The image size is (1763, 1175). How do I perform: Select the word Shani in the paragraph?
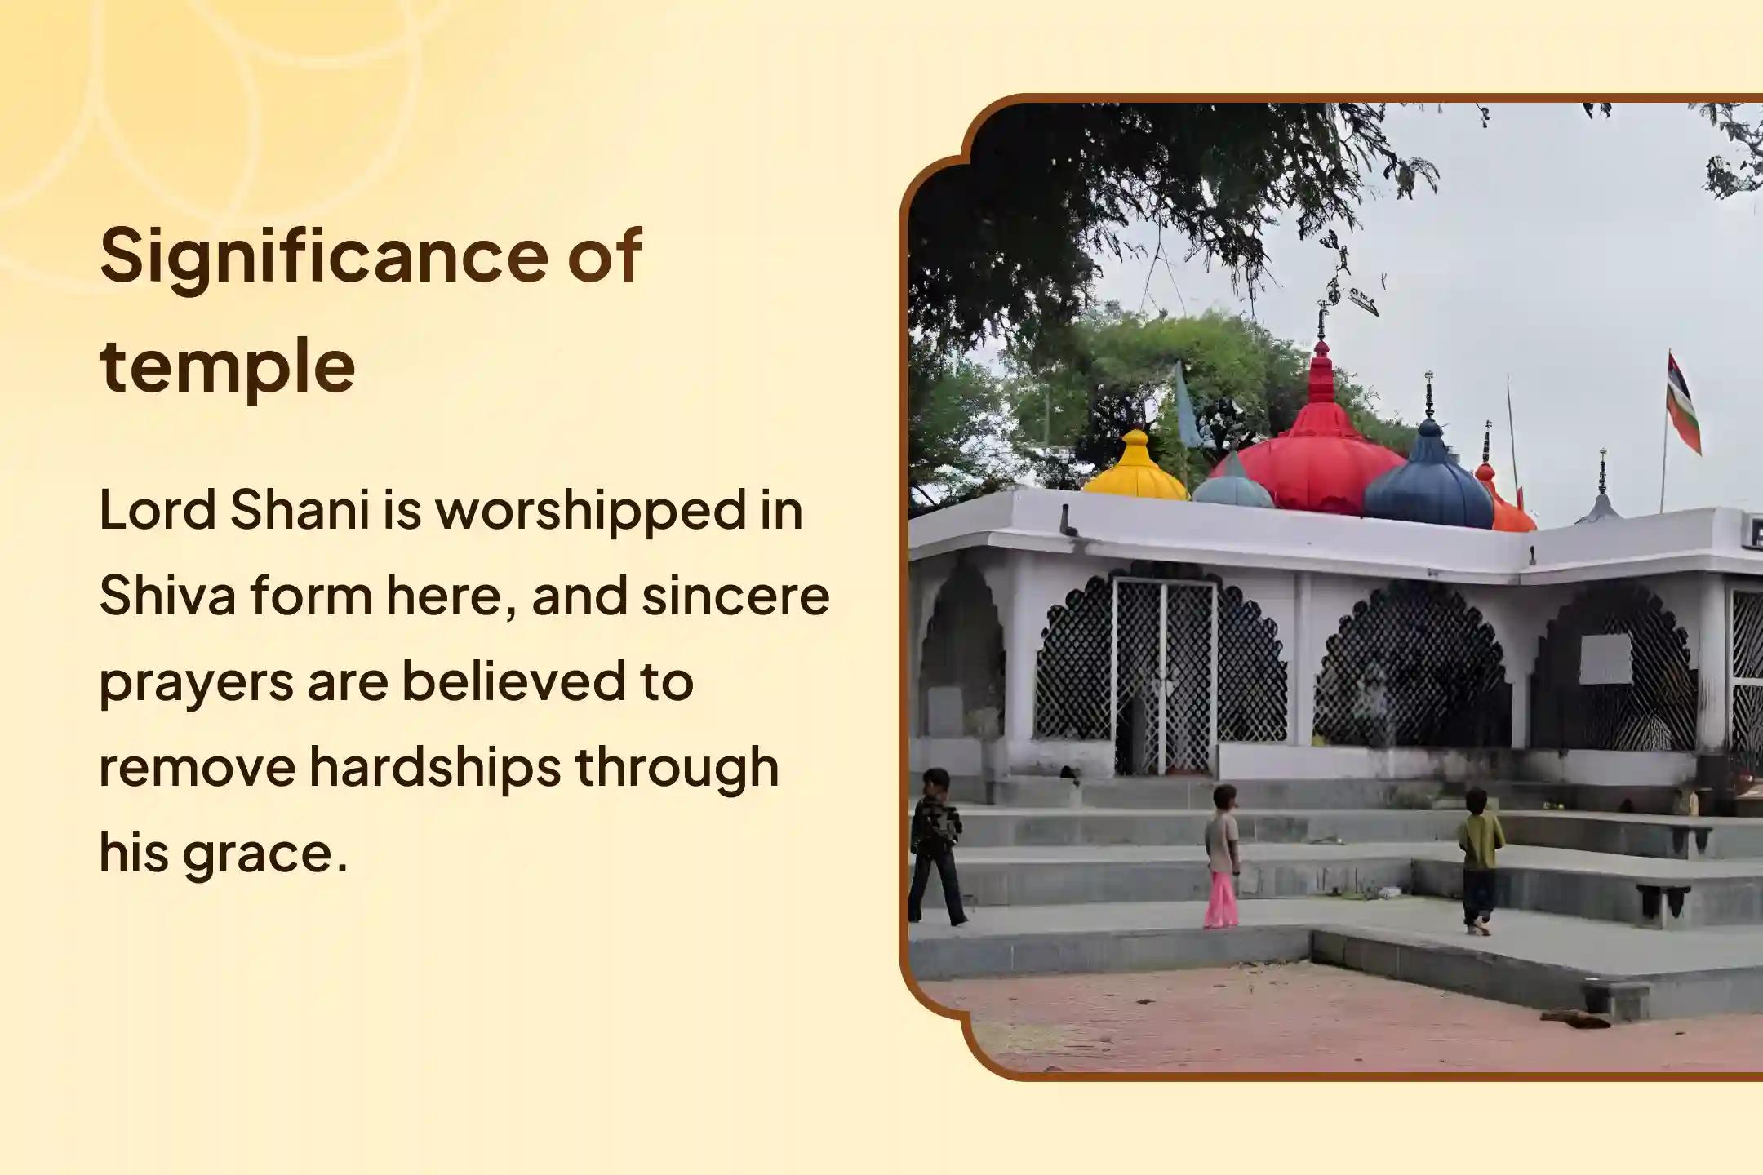point(300,510)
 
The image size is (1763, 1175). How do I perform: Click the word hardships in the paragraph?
point(435,769)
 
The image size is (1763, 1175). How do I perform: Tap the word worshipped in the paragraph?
point(591,512)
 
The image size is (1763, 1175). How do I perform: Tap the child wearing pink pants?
point(1222,857)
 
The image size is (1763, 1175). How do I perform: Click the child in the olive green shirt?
point(1479,861)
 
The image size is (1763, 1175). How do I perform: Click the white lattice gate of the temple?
point(1165,676)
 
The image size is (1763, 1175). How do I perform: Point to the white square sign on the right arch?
point(1605,658)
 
